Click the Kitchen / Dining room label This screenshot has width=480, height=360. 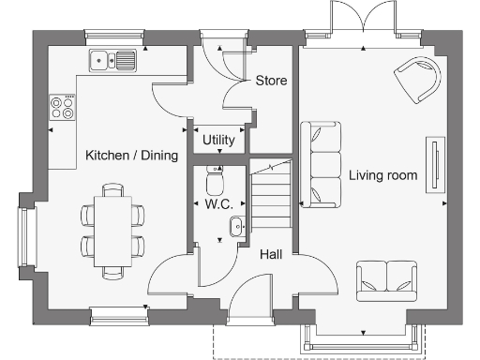coord(131,156)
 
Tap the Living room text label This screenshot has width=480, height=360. coord(382,175)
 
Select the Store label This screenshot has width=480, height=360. coord(271,82)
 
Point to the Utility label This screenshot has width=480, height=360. coord(218,140)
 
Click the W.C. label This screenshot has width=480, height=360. coord(218,203)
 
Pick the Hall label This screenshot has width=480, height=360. coord(272,253)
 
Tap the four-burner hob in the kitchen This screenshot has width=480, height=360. coord(63,108)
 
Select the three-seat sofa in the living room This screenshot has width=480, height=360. coord(321,164)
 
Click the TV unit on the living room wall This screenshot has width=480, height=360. coord(435,165)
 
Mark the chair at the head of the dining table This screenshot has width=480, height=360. coord(113,190)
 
